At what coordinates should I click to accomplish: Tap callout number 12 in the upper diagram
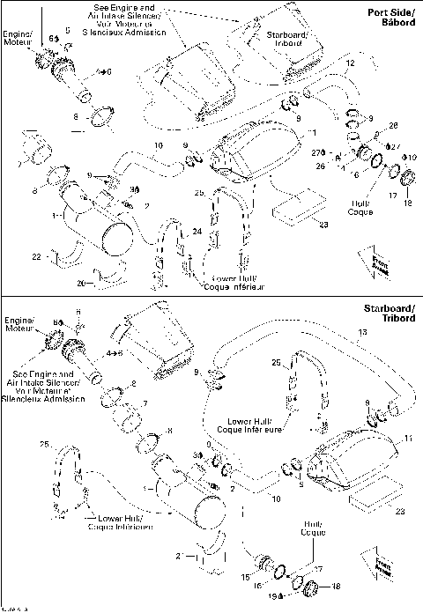350,63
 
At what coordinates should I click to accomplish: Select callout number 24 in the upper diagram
197,232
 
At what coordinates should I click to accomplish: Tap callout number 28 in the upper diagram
393,125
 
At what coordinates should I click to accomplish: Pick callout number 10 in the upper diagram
159,144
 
